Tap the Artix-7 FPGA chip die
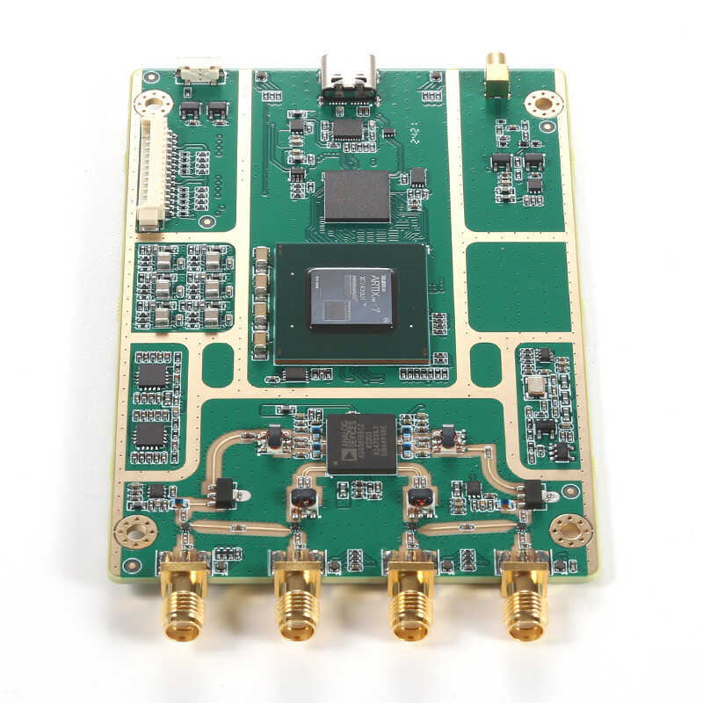click(x=350, y=296)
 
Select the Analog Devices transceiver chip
click(x=362, y=443)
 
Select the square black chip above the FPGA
click(x=357, y=196)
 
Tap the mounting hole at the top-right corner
click(x=542, y=105)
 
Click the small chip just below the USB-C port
click(x=348, y=128)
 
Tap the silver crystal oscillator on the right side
click(x=534, y=388)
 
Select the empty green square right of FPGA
click(x=518, y=286)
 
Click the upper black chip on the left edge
click(x=152, y=376)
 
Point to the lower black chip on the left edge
click(x=150, y=434)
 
